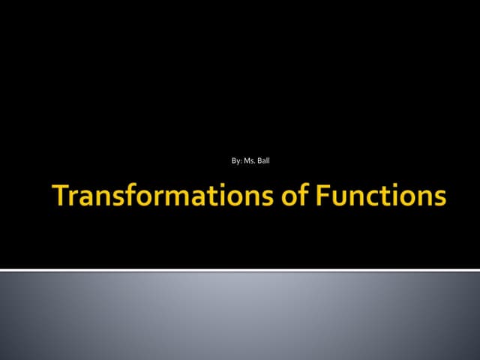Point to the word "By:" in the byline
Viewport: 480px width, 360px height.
coord(238,160)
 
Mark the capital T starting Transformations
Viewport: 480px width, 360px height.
coord(61,196)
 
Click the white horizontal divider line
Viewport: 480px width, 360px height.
coord(240,269)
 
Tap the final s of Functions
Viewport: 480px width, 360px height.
coord(439,198)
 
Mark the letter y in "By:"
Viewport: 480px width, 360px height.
coord(238,161)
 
